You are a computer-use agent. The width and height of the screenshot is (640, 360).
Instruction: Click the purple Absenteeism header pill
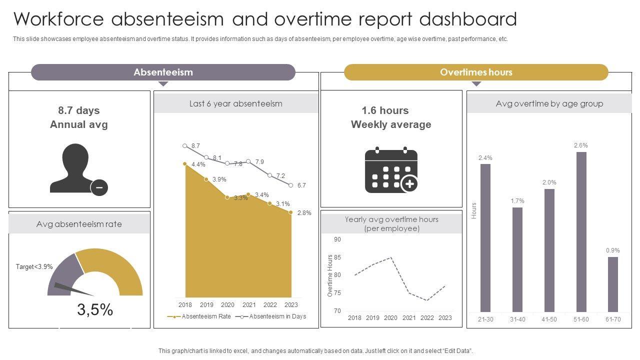point(163,72)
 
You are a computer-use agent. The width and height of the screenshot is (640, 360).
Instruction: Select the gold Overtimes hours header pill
point(476,72)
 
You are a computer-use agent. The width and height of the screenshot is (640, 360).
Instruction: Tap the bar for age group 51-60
point(581,232)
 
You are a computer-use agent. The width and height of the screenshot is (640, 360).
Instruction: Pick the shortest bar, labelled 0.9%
point(613,284)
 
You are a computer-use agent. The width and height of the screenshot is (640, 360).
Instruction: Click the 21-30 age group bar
point(485,238)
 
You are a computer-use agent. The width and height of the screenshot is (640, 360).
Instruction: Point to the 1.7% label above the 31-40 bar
point(517,201)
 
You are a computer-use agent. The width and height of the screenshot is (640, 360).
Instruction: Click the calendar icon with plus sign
point(391,170)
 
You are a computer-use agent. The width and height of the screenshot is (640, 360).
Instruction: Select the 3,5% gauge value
point(95,310)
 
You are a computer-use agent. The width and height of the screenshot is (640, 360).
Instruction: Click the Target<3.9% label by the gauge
point(34,267)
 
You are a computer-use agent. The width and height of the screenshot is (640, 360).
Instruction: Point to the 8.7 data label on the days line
point(195,146)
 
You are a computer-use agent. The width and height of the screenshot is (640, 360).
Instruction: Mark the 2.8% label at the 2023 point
point(304,213)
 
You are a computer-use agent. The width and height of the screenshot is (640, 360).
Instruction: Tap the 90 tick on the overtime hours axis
point(337,239)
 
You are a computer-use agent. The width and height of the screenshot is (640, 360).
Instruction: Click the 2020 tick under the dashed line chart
point(390,317)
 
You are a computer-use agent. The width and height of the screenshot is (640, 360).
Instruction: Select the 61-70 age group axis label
point(612,319)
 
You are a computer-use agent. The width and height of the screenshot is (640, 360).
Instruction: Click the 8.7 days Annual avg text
point(79,117)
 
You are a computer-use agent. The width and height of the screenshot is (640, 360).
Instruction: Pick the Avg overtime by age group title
point(549,103)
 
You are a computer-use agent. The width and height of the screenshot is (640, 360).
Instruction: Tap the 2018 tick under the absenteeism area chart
point(185,304)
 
